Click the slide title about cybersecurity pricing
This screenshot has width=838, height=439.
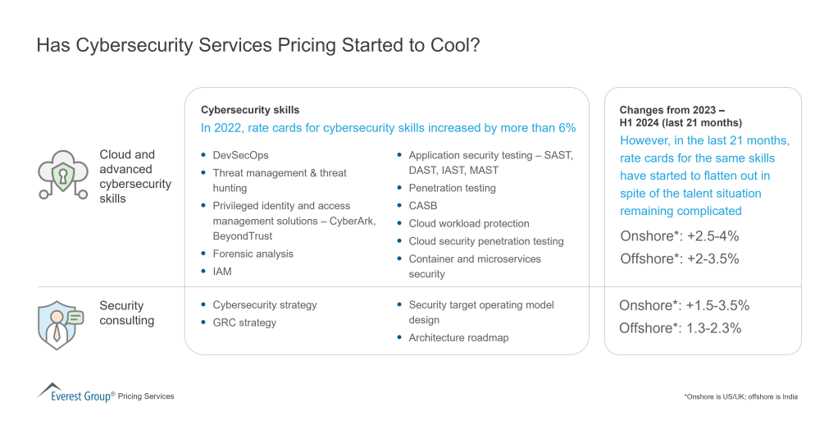[x=258, y=45]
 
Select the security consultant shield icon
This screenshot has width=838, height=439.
[x=61, y=322]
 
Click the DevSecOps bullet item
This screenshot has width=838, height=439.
[x=240, y=155]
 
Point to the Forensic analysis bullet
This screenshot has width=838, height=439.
[x=253, y=254]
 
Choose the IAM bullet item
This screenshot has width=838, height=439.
[x=221, y=272]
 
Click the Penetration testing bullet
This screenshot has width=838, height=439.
[x=452, y=188]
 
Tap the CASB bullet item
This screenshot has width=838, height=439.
[x=423, y=206]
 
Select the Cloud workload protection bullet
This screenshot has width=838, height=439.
[x=469, y=223]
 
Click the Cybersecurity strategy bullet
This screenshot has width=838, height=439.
[x=264, y=304]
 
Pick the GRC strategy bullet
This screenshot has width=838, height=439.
[x=244, y=322]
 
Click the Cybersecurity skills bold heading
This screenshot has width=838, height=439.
[x=250, y=110]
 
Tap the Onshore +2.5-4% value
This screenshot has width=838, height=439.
[x=680, y=236]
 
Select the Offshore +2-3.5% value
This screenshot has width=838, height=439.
[x=680, y=258]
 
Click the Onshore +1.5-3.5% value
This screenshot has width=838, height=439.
[x=684, y=305]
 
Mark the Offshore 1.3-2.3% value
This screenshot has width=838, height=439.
[x=680, y=327]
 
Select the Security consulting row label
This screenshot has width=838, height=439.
[x=127, y=313]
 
